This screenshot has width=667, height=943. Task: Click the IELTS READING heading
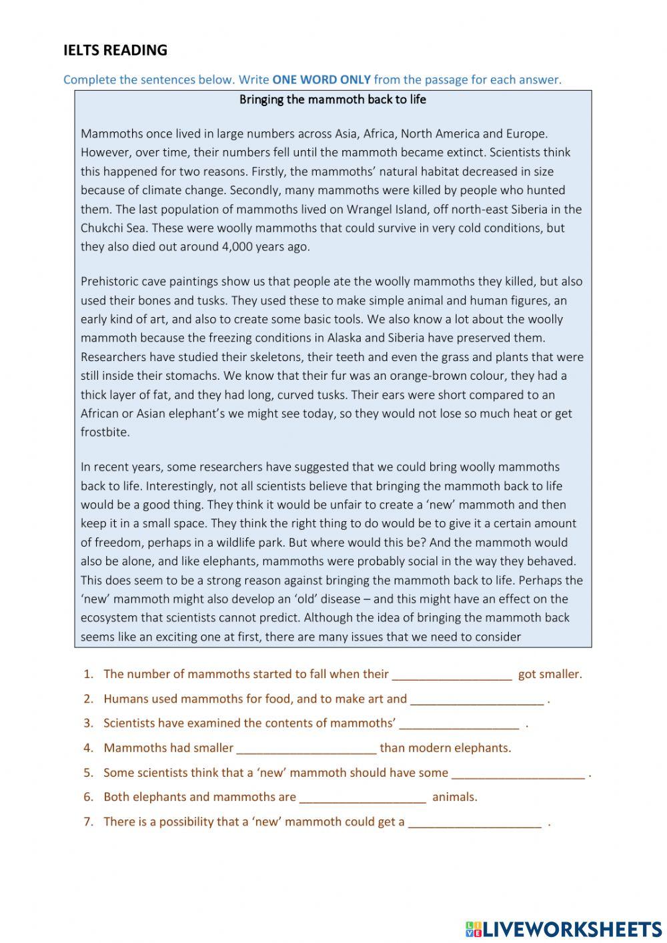point(115,50)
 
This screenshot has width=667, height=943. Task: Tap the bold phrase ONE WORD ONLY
point(321,79)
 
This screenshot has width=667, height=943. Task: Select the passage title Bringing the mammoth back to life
point(332,99)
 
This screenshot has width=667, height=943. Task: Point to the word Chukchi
point(101,228)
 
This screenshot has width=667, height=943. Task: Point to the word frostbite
point(105,432)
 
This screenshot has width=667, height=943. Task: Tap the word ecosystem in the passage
point(109,617)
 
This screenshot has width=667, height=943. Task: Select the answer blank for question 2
point(476,700)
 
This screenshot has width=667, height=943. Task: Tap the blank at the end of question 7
point(474,823)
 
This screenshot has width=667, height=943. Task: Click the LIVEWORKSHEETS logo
point(563,928)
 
